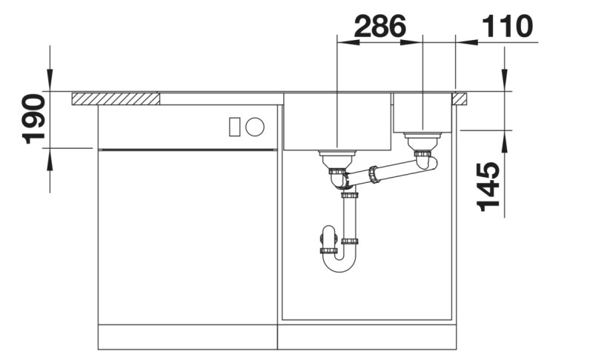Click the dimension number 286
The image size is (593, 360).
[380, 27]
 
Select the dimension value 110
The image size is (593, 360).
[507, 27]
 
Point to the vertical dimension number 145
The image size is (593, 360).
[487, 187]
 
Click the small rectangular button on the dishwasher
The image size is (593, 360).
[235, 127]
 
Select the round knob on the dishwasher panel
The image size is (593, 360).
[254, 127]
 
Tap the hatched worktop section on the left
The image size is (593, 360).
[116, 99]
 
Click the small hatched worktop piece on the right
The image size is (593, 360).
[460, 98]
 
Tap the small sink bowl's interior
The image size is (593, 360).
[423, 111]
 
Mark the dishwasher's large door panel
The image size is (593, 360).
[187, 236]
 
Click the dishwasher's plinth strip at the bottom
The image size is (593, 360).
[187, 336]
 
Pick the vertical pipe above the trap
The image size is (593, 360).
[349, 219]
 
